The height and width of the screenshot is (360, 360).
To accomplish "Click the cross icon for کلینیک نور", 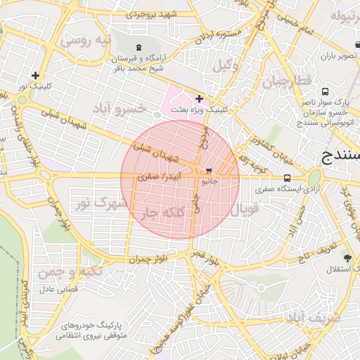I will click(35, 75).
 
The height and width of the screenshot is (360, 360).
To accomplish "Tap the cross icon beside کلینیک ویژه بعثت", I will click(200, 98).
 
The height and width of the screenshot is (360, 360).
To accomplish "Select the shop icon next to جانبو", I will click(210, 171).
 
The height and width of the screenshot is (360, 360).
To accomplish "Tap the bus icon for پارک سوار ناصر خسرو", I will click(325, 91).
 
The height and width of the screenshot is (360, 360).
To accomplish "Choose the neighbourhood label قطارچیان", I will click(286, 82).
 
